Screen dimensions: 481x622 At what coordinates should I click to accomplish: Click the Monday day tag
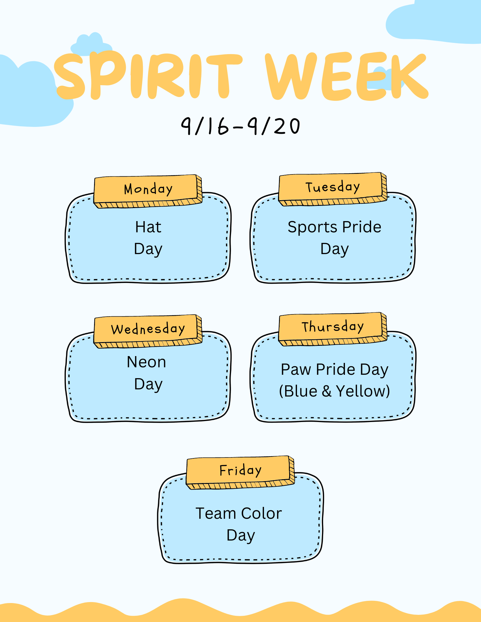pyautogui.click(x=148, y=191)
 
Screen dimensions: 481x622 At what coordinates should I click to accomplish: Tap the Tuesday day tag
pyautogui.click(x=333, y=189)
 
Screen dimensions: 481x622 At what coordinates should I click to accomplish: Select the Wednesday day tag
pyautogui.click(x=148, y=331)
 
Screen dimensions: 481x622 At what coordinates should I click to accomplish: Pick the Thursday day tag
pyautogui.click(x=333, y=329)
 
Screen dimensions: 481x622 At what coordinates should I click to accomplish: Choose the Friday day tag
pyautogui.click(x=240, y=472)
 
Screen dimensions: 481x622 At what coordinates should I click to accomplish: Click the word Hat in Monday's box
pyautogui.click(x=148, y=227)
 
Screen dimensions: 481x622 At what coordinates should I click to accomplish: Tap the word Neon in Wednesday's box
pyautogui.click(x=146, y=362)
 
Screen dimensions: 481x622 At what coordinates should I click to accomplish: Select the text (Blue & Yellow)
pyautogui.click(x=334, y=391)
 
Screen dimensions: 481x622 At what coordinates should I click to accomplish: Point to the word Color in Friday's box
pyautogui.click(x=262, y=513)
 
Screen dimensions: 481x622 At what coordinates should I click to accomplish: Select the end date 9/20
pyautogui.click(x=274, y=126)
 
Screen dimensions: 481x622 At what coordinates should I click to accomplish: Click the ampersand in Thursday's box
pyautogui.click(x=327, y=391)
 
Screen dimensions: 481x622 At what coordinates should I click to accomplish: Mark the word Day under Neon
pyautogui.click(x=148, y=385)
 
